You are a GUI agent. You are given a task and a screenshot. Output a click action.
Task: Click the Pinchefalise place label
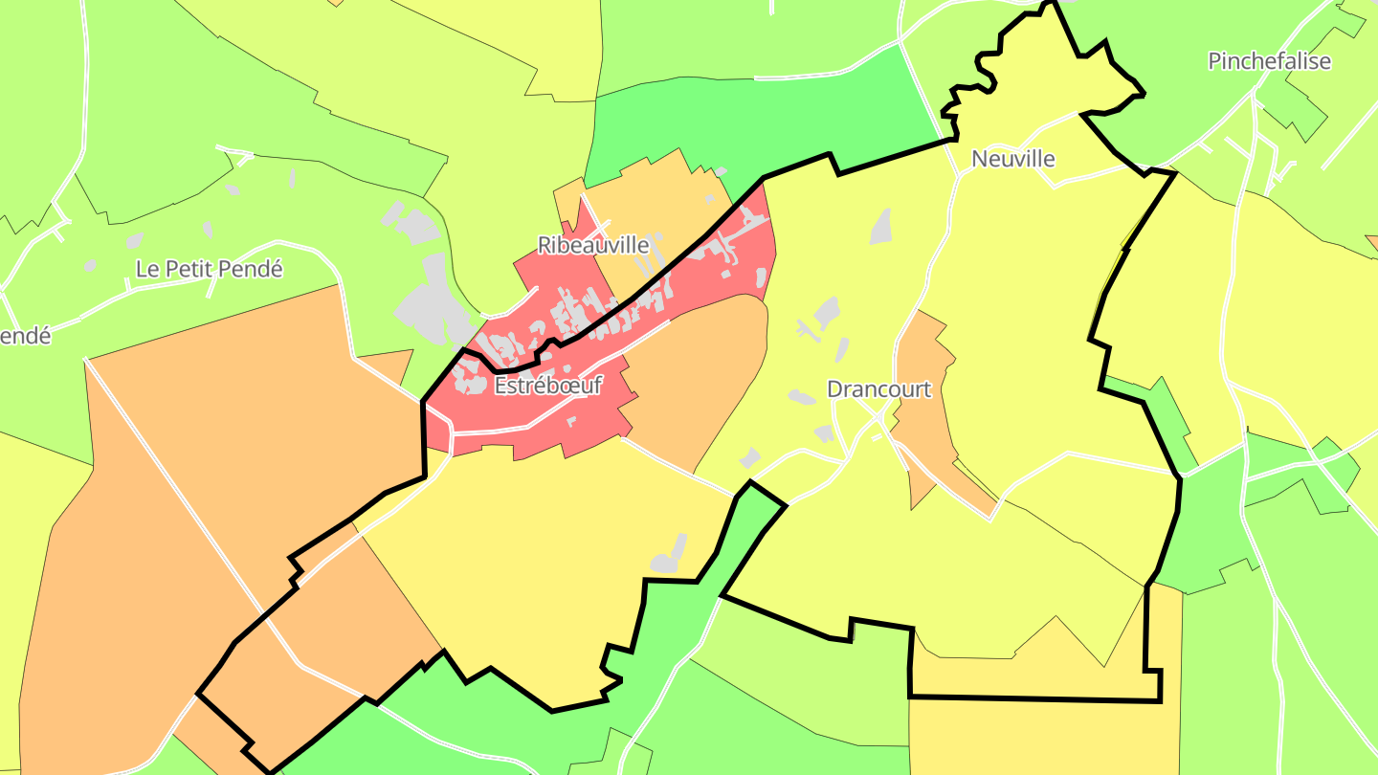(x=1269, y=61)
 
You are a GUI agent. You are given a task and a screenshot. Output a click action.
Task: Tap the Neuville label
(x=1012, y=159)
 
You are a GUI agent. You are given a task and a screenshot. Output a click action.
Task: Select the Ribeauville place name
(x=593, y=245)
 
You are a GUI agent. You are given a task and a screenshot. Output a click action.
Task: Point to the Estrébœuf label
(x=548, y=386)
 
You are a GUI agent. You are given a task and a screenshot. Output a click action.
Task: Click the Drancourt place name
(x=878, y=389)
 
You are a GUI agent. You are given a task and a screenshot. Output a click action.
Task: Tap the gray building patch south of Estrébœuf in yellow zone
(x=669, y=556)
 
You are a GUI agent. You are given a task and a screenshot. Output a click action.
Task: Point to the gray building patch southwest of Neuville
(x=881, y=226)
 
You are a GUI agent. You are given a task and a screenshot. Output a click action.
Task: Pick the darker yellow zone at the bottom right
(x=1043, y=737)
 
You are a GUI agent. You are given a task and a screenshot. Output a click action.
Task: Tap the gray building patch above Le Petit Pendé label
(x=208, y=230)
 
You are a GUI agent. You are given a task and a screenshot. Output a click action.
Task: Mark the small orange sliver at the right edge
(x=1372, y=245)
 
